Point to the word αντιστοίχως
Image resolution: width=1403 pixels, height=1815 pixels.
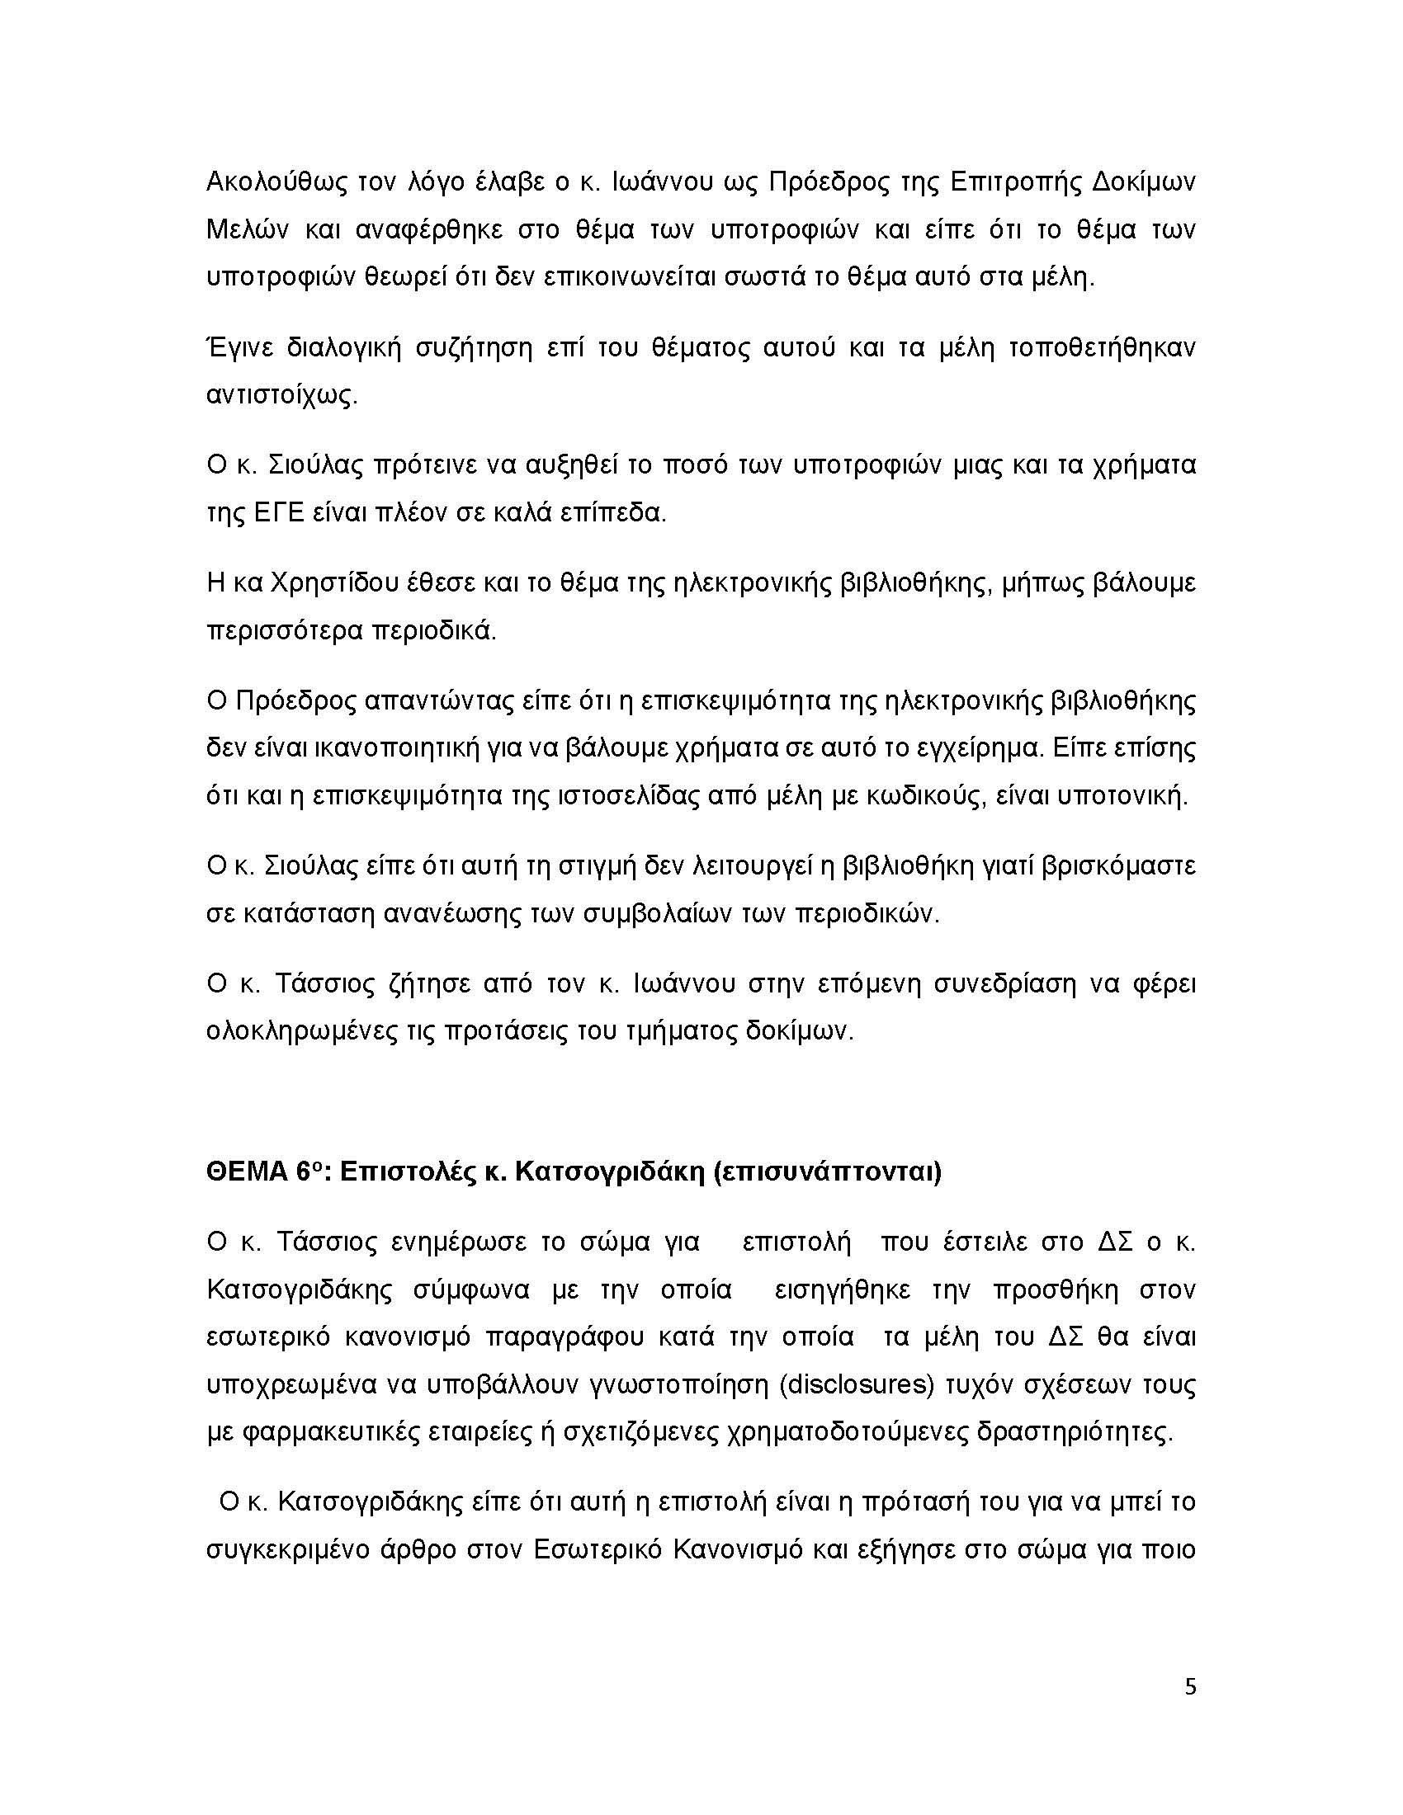point(281,394)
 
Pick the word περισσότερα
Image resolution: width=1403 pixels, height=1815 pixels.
point(281,631)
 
